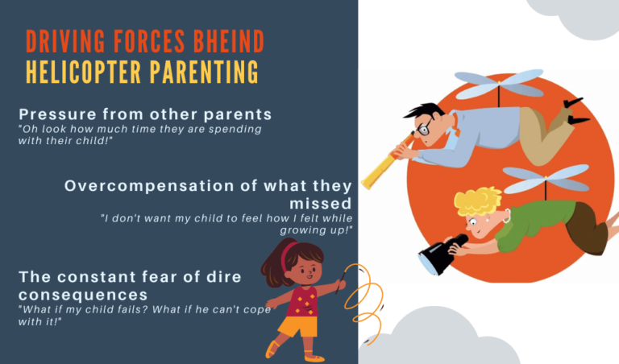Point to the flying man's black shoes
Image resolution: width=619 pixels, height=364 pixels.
click(576, 112)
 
